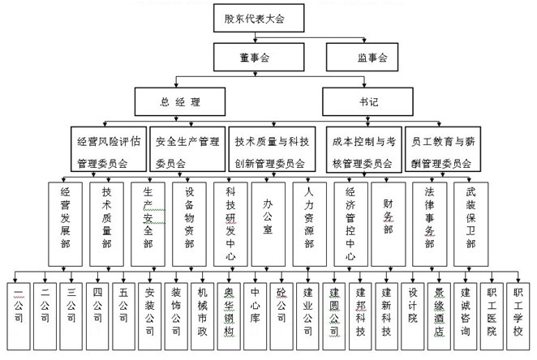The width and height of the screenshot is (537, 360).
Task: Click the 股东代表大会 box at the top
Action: (259, 18)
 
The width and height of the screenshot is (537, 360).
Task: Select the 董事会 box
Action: (259, 57)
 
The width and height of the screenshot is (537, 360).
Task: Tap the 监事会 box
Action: (362, 57)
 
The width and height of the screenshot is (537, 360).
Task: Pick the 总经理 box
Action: (180, 101)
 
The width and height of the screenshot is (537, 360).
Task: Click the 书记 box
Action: (367, 101)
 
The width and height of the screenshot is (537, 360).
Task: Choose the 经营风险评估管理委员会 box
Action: (109, 149)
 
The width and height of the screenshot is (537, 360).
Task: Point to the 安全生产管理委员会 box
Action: (187, 149)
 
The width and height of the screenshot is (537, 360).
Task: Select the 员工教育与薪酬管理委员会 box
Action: (443, 149)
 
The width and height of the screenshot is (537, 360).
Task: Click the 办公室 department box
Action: (268, 224)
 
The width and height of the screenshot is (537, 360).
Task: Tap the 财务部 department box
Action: (389, 224)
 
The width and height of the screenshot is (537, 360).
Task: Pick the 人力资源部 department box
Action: (310, 224)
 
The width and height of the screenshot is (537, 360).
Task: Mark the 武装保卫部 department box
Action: (471, 224)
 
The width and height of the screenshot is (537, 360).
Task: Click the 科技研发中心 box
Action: (230, 224)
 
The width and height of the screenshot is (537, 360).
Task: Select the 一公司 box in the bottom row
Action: (19, 316)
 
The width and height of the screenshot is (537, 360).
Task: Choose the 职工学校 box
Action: (518, 316)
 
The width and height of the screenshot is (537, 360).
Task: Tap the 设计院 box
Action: (413, 316)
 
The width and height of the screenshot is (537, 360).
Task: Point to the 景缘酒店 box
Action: (439, 316)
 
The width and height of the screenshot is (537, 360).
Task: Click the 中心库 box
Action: (256, 316)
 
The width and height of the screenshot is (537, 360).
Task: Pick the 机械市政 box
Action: (203, 316)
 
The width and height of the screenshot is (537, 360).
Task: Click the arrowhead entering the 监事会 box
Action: (364, 41)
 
